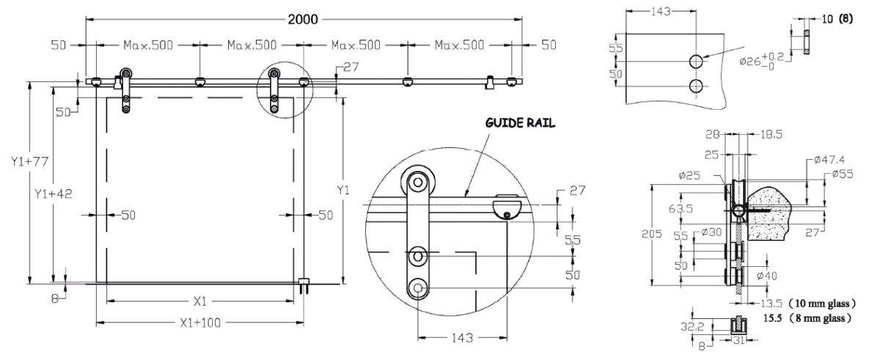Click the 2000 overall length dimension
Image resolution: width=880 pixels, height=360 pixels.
304,20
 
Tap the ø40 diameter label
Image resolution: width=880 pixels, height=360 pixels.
767,276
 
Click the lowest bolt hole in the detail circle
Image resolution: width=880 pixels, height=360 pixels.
419,288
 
